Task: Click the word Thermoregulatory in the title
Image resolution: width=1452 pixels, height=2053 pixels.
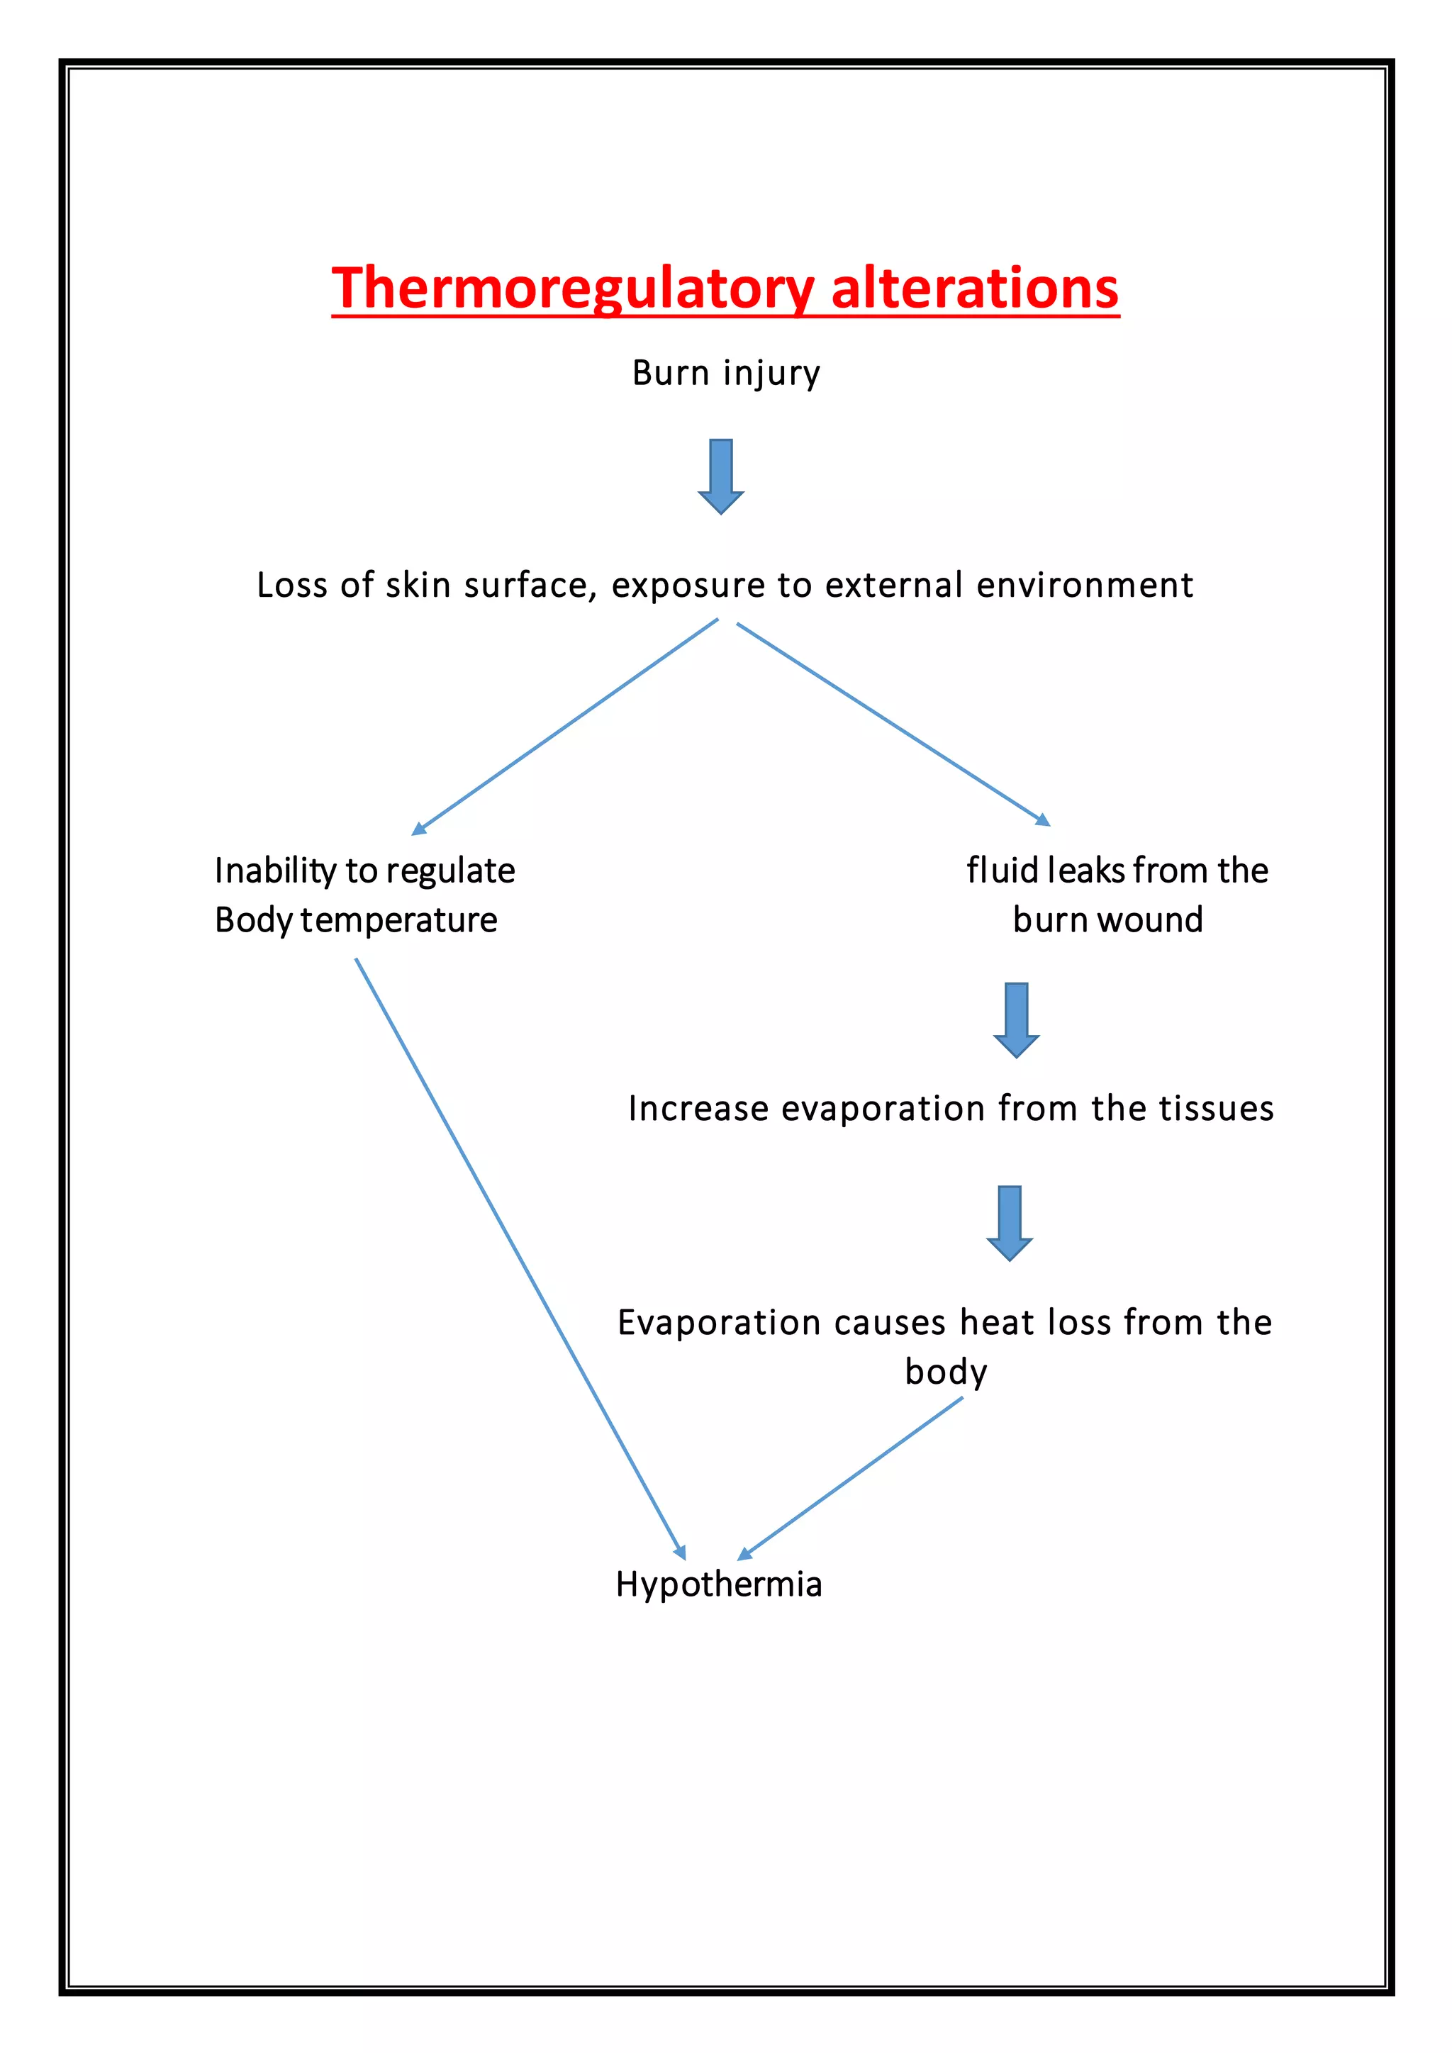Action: point(572,289)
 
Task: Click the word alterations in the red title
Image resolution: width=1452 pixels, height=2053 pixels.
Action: point(975,289)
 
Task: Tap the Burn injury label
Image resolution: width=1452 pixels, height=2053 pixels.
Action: point(725,373)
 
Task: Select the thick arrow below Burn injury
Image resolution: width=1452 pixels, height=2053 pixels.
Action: point(720,476)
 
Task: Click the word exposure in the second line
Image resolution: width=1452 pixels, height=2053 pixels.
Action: point(688,586)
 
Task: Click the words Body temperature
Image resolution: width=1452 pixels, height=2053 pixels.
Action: point(356,920)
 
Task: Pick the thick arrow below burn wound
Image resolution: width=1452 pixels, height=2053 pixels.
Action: point(1016,1019)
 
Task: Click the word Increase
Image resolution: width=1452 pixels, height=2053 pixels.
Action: point(698,1109)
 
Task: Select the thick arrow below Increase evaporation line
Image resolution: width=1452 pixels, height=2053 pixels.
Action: point(1010,1222)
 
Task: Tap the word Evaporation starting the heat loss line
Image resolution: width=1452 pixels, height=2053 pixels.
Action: point(719,1322)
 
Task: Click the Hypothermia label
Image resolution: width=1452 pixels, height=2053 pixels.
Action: point(719,1584)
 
